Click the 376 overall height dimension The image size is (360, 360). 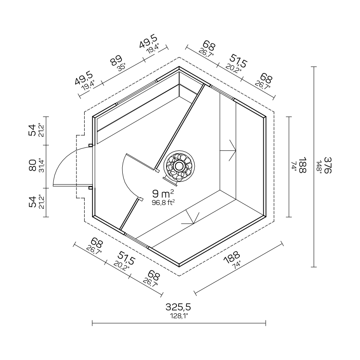[328, 165]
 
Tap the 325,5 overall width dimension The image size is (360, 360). [178, 307]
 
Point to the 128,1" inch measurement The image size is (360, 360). [179, 316]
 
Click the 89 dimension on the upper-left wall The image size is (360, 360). [116, 61]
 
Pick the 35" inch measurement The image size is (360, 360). [121, 67]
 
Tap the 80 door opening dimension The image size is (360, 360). [33, 165]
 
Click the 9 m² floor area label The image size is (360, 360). [163, 194]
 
